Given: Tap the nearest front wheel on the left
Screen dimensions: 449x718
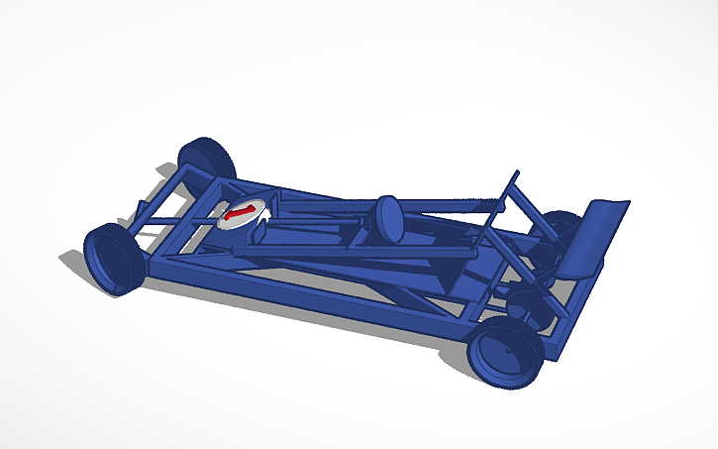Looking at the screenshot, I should point(112,260).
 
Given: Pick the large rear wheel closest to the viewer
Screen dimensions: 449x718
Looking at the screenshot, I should point(506,355).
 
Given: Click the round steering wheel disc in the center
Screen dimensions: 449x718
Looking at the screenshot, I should point(386,218).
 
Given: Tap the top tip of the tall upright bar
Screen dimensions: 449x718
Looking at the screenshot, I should point(514,174).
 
